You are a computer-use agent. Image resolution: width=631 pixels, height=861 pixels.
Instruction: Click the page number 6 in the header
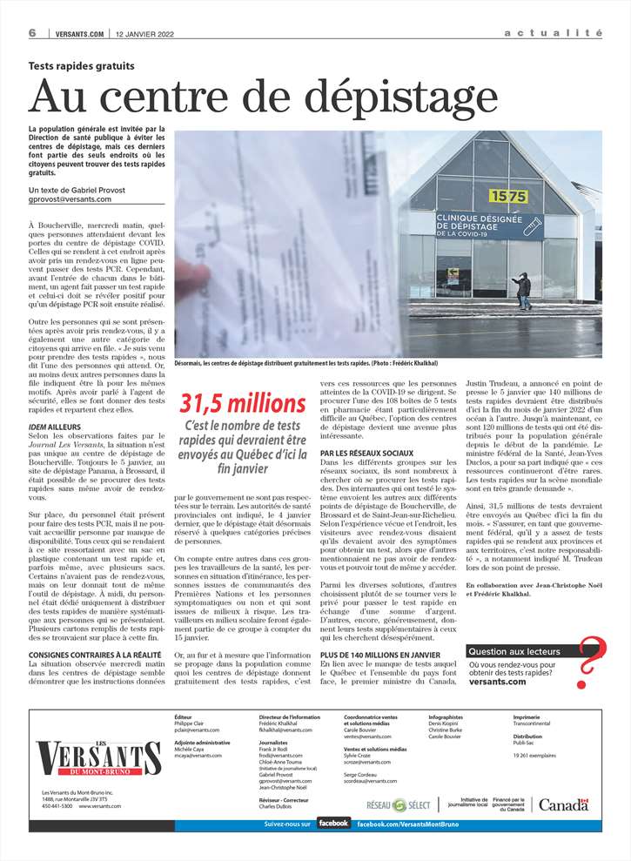[x=31, y=33]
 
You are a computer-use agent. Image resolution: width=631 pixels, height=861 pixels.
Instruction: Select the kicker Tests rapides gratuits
[x=82, y=66]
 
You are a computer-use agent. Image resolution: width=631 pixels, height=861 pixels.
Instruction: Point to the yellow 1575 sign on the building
[x=509, y=197]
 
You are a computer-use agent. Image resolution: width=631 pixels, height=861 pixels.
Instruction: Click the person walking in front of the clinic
[x=522, y=291]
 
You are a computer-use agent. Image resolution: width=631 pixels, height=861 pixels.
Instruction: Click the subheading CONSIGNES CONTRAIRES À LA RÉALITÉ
[x=94, y=654]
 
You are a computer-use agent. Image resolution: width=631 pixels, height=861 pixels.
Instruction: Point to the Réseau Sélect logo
[x=397, y=805]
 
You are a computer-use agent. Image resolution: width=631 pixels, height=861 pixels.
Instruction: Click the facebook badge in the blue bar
[x=333, y=823]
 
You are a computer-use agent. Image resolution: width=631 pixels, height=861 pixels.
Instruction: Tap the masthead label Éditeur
[x=183, y=717]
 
